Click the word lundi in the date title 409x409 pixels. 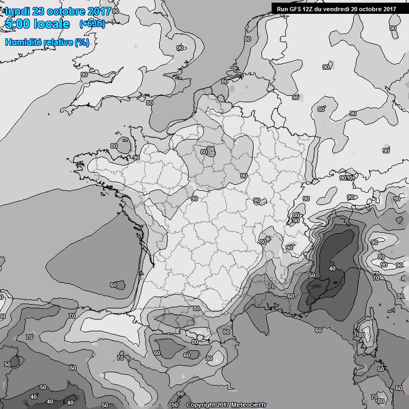(x=18, y=12)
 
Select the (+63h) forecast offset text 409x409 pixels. (x=92, y=24)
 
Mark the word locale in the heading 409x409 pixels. (x=52, y=24)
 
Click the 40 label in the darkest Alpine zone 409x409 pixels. (x=332, y=268)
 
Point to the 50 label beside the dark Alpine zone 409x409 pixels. (x=312, y=275)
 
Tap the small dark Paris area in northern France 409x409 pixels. (x=211, y=152)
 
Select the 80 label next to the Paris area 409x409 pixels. (x=203, y=152)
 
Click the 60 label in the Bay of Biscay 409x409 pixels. (x=113, y=285)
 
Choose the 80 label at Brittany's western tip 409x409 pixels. (x=113, y=146)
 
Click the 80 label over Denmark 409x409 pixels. (x=248, y=39)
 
